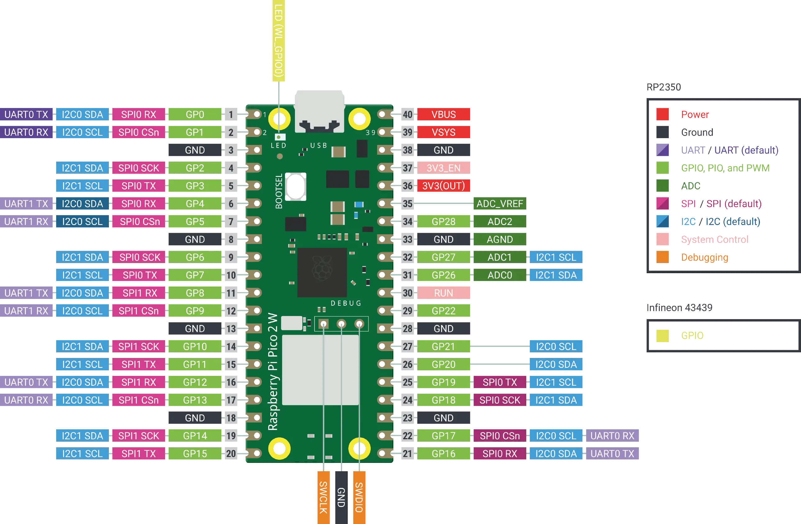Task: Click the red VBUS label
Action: tap(444, 115)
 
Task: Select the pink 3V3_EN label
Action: tap(444, 168)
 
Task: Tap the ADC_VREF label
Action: tap(500, 204)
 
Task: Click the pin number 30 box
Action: tap(408, 293)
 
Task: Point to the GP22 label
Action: tap(444, 311)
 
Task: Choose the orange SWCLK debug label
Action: tap(323, 497)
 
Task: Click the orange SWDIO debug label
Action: tap(360, 497)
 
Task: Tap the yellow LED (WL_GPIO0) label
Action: tap(278, 40)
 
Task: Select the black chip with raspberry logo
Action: tap(322, 272)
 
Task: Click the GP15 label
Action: tap(195, 454)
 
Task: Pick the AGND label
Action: tap(500, 239)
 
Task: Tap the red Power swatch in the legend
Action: tap(663, 115)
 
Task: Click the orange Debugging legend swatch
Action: tap(663, 257)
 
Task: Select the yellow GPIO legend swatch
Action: tap(663, 335)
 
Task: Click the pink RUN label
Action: tap(444, 293)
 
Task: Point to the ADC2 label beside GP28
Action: tap(500, 221)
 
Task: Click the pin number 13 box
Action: tap(231, 329)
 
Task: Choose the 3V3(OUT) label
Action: tap(444, 186)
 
